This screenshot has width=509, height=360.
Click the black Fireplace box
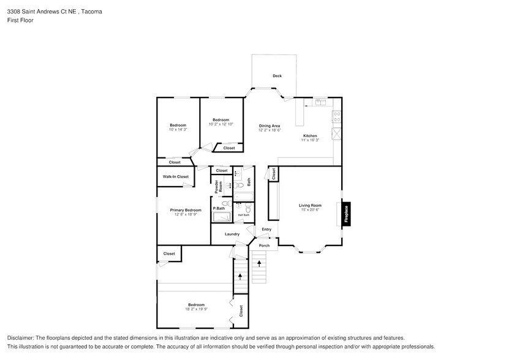pyautogui.click(x=346, y=214)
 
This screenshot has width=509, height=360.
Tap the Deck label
pyautogui.click(x=277, y=76)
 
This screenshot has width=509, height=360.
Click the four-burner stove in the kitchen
pyautogui.click(x=336, y=115)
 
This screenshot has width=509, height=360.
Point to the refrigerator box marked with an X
pyautogui.click(x=336, y=133)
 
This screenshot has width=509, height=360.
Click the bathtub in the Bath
pyautogui.click(x=244, y=197)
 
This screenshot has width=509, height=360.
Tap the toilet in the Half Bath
pyautogui.click(x=248, y=208)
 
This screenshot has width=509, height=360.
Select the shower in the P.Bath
pyautogui.click(x=221, y=217)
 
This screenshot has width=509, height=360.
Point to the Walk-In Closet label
pyautogui.click(x=175, y=176)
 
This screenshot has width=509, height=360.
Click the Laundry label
pyautogui.click(x=232, y=234)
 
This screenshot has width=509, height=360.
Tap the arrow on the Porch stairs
pyautogui.click(x=260, y=263)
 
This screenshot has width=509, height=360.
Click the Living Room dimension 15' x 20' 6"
pyautogui.click(x=310, y=210)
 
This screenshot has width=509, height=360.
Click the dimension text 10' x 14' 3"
pyautogui.click(x=178, y=129)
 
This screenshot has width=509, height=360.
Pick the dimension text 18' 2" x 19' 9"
pyautogui.click(x=196, y=309)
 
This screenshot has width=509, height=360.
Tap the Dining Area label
pyautogui.click(x=269, y=126)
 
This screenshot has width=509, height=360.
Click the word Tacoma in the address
pyautogui.click(x=92, y=12)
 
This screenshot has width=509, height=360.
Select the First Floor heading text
pyautogui.click(x=20, y=20)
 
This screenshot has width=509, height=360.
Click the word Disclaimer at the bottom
pyautogui.click(x=21, y=338)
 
